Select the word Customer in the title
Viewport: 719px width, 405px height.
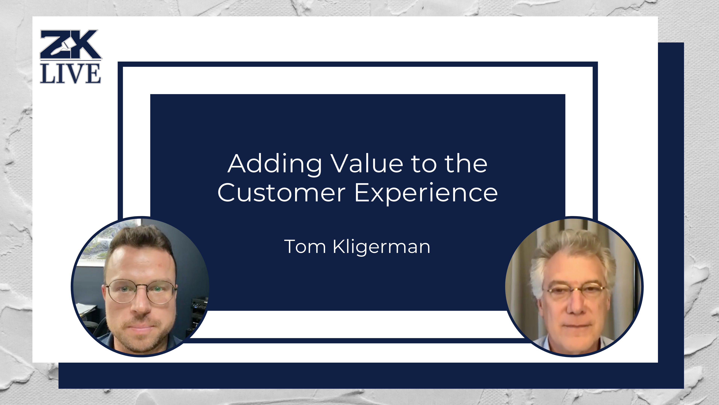pyautogui.click(x=281, y=193)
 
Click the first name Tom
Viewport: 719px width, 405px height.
pyautogui.click(x=305, y=247)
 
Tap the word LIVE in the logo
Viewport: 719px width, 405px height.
pyautogui.click(x=70, y=73)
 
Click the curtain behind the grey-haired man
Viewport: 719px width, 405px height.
pyautogui.click(x=519, y=265)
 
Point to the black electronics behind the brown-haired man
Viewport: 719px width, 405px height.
pyautogui.click(x=199, y=307)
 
